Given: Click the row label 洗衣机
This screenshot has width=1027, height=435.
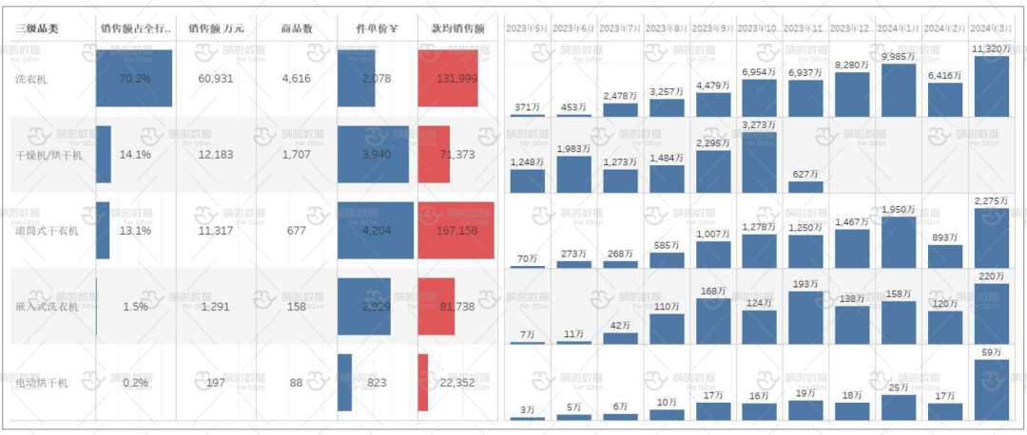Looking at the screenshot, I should tap(31, 79).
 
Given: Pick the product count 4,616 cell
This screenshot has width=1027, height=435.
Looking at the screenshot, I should tap(297, 78).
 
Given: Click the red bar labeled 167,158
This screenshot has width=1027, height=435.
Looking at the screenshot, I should tap(455, 231).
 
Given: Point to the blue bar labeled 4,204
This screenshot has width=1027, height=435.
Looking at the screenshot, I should tap(376, 231).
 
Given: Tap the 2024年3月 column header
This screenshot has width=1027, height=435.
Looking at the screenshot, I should tap(992, 29).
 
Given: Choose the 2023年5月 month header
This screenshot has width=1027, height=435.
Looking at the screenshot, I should tap(527, 29).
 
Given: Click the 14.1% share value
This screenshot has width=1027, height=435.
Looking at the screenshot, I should tap(134, 154).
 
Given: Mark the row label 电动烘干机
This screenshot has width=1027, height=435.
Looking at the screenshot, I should tap(42, 383).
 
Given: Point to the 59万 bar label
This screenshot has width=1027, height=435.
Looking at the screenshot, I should tap(991, 351).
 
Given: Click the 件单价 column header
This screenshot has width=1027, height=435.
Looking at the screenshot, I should tap(376, 28).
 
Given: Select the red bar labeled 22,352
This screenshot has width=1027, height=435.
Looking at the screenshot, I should tap(423, 383).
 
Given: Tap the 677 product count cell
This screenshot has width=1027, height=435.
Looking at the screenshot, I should tap(297, 230).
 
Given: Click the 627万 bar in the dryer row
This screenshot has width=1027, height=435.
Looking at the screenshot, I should tap(806, 186).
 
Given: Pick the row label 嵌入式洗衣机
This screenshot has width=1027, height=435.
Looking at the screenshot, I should tap(48, 307).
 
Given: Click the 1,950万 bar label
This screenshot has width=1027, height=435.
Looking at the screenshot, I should tap(899, 209).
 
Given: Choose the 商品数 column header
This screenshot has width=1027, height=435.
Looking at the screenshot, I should tap(297, 28).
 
